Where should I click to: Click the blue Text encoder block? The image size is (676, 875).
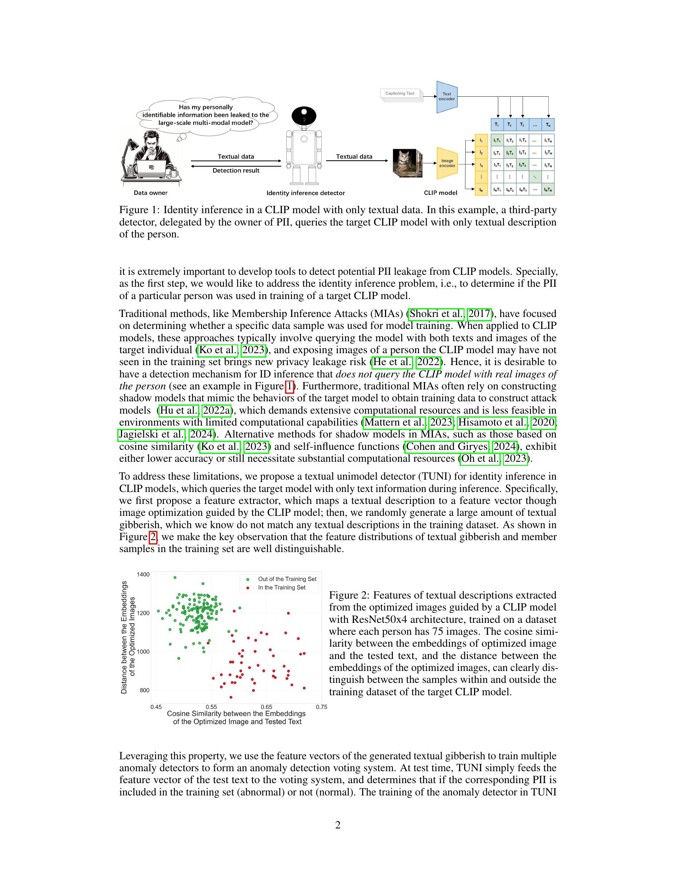447,97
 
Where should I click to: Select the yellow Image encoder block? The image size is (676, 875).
447,163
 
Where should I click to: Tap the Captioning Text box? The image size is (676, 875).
400,93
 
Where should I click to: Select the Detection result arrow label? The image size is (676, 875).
236,171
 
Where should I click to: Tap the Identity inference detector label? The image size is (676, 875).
305,193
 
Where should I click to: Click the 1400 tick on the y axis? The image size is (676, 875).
143,574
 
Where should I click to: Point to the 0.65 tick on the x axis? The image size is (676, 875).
266,707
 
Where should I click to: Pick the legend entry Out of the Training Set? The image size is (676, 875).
287,579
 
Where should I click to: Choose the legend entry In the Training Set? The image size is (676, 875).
282,587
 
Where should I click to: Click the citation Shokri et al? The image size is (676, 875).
437,314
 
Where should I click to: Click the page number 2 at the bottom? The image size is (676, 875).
338,825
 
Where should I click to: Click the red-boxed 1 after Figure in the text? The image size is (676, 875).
289,386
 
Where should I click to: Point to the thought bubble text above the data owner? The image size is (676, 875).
206,115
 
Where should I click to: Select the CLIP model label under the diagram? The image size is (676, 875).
441,193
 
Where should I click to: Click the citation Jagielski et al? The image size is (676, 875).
152,434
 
